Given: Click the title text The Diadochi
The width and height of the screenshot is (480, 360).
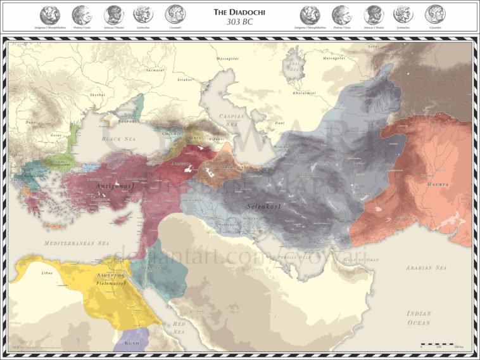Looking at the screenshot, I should (240, 11).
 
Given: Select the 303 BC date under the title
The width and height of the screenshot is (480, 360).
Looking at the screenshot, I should (240, 22).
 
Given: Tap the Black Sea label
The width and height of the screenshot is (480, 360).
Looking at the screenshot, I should (117, 138).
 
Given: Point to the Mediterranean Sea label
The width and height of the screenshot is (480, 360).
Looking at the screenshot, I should (77, 243).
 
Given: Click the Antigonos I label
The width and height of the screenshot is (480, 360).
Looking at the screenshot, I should (115, 188).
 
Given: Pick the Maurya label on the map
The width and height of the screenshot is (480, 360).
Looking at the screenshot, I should (437, 184).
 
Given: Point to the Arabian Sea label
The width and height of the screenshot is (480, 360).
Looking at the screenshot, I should (426, 268).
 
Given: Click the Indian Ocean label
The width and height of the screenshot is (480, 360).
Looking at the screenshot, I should (419, 318).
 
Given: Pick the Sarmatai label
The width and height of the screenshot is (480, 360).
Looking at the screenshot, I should (156, 70).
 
